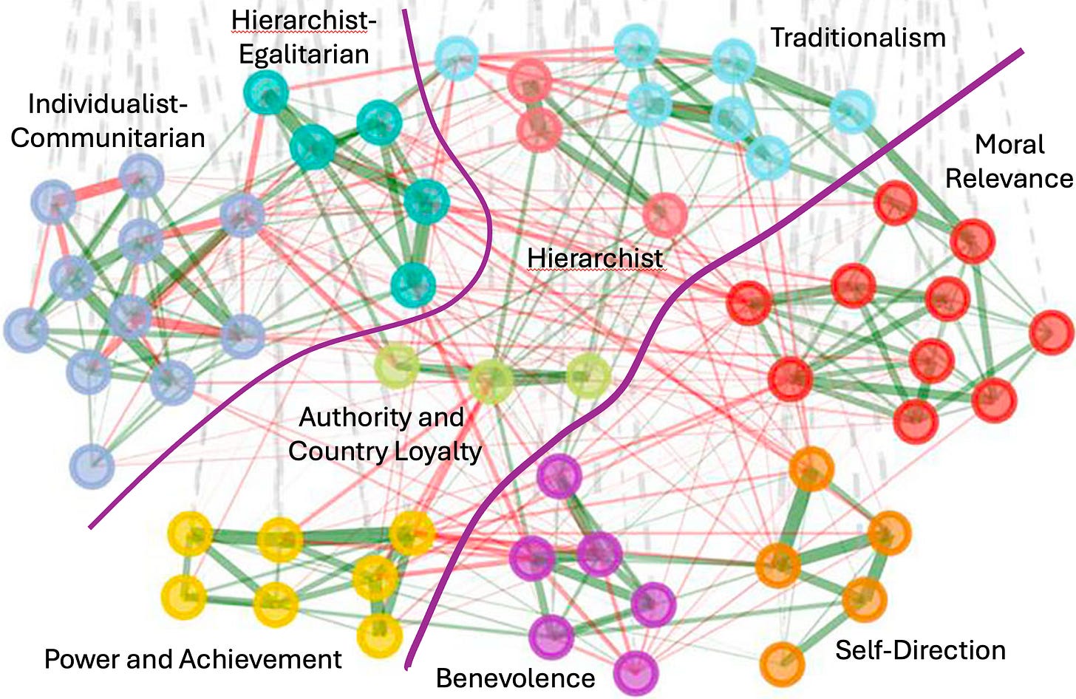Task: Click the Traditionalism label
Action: pyautogui.click(x=858, y=38)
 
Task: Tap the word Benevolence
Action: pyautogui.click(x=515, y=678)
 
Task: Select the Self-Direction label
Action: pyautogui.click(x=920, y=650)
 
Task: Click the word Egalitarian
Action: pyautogui.click(x=304, y=55)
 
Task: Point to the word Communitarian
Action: pyautogui.click(x=108, y=138)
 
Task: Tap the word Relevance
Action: pyautogui.click(x=1009, y=178)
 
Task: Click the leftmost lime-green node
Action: pyautogui.click(x=396, y=366)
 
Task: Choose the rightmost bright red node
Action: pyautogui.click(x=1051, y=333)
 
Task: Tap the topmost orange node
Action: pyautogui.click(x=811, y=468)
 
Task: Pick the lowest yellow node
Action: pyautogui.click(x=379, y=634)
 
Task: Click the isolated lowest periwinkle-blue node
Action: pyautogui.click(x=92, y=466)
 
